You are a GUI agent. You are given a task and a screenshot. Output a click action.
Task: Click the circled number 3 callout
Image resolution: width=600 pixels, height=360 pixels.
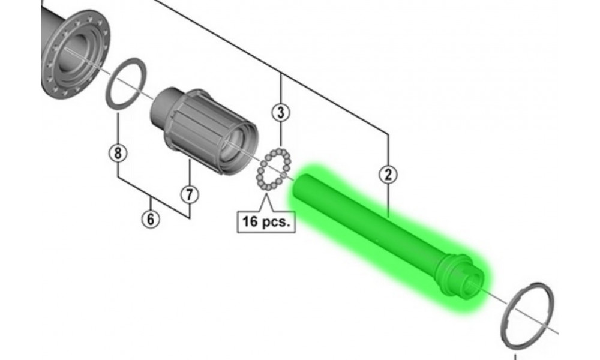(x=280, y=112)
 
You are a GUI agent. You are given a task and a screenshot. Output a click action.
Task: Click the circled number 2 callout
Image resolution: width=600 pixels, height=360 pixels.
(x=388, y=175)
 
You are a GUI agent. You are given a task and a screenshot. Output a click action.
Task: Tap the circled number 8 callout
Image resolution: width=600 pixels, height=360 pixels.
(x=118, y=153)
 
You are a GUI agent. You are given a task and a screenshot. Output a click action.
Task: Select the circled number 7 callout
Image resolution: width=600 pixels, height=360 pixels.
(x=189, y=194)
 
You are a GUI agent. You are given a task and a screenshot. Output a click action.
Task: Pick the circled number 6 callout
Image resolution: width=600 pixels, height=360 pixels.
(x=151, y=219)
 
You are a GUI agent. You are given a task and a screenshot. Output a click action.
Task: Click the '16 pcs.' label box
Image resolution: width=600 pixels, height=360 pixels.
(x=266, y=221)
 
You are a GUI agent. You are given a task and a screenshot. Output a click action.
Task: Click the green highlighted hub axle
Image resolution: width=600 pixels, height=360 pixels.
(x=384, y=234)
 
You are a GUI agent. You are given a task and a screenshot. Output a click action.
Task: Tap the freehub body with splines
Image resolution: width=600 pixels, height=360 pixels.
(x=198, y=129)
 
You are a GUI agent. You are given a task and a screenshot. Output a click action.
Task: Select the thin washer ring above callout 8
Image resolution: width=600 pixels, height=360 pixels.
(x=126, y=83)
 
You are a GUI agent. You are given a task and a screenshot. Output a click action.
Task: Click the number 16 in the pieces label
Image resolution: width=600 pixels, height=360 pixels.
(x=250, y=221)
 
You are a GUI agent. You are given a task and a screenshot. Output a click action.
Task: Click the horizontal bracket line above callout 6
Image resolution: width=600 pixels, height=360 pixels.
(x=151, y=197)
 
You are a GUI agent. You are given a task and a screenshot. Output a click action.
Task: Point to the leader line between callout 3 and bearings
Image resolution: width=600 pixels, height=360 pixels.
(x=280, y=135)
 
